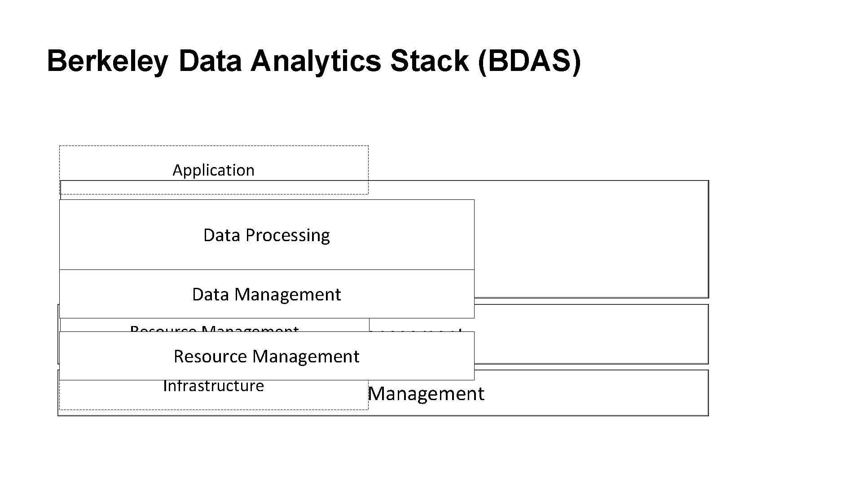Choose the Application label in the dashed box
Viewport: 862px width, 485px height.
coord(213,170)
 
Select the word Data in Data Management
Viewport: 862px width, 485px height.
coord(210,295)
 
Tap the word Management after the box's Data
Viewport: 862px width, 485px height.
coord(287,295)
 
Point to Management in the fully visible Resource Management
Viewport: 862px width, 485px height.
coord(306,357)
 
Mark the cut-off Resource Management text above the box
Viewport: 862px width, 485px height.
coord(214,329)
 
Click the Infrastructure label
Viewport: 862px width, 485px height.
coord(214,386)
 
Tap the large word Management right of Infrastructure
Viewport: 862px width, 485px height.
coord(426,394)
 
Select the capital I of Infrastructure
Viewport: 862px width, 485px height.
coord(165,386)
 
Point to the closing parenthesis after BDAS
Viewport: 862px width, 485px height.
coord(576,62)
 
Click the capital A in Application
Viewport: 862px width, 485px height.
coord(177,170)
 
